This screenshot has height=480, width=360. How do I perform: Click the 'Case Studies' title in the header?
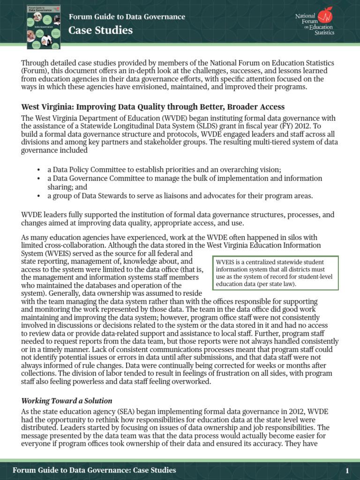click(x=100, y=31)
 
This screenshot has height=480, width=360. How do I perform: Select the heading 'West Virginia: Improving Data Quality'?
click(x=152, y=107)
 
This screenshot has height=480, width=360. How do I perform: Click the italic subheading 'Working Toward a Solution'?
click(x=67, y=401)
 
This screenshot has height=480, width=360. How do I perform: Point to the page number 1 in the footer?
click(x=347, y=470)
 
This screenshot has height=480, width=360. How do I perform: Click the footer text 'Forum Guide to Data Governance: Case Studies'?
click(x=94, y=470)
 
